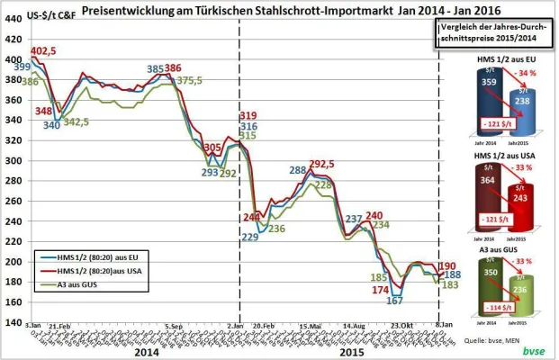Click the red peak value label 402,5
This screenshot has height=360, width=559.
tap(44, 51)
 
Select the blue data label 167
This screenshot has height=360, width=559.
tap(393, 301)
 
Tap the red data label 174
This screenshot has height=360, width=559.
tap(381, 290)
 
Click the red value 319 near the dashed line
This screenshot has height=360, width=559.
tap(249, 116)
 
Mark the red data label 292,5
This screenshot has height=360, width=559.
tap(321, 164)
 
